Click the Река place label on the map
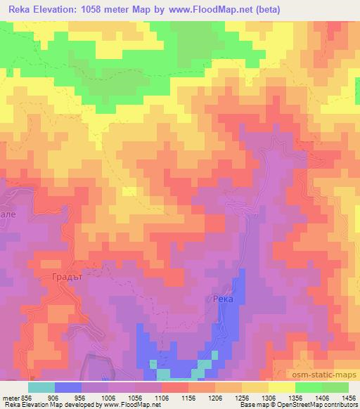[x=222, y=299]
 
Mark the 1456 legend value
[x=346, y=397]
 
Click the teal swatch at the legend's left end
[x=41, y=387]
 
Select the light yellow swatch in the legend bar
[x=281, y=387]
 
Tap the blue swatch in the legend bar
[x=68, y=387]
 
